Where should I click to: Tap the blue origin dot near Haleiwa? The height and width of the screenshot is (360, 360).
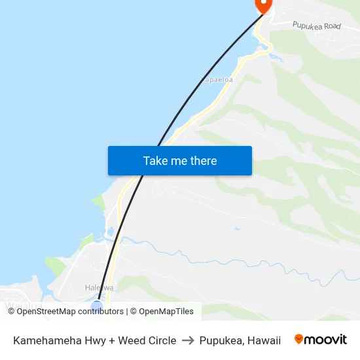[97, 306]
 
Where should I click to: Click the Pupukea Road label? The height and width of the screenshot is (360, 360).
[317, 26]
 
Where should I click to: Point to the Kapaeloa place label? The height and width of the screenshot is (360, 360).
[217, 80]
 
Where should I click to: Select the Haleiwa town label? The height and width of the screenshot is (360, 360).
[99, 287]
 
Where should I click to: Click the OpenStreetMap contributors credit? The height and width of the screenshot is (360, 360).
[65, 312]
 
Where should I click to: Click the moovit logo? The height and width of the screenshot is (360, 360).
[321, 340]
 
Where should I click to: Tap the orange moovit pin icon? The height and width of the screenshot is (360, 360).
[299, 339]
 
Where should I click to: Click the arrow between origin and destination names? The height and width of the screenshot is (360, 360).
[188, 340]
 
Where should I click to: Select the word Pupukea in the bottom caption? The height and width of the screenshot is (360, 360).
[221, 340]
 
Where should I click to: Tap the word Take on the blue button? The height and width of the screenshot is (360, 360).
[154, 161]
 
